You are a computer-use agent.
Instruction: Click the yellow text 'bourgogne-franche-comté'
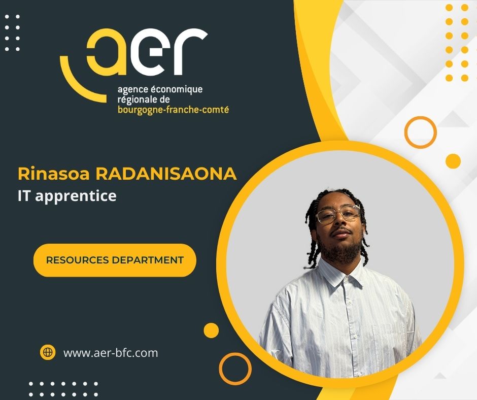173,110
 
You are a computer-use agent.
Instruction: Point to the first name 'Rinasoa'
54,174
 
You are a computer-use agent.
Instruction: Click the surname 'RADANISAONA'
166,174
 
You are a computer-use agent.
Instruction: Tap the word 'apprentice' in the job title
76,196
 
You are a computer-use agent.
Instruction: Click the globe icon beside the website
48,352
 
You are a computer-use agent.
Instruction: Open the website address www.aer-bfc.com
111,353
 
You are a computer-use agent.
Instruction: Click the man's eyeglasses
337,214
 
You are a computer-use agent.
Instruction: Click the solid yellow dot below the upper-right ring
453,161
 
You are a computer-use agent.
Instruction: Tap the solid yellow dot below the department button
211,330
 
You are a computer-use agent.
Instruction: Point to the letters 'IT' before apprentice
24,195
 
